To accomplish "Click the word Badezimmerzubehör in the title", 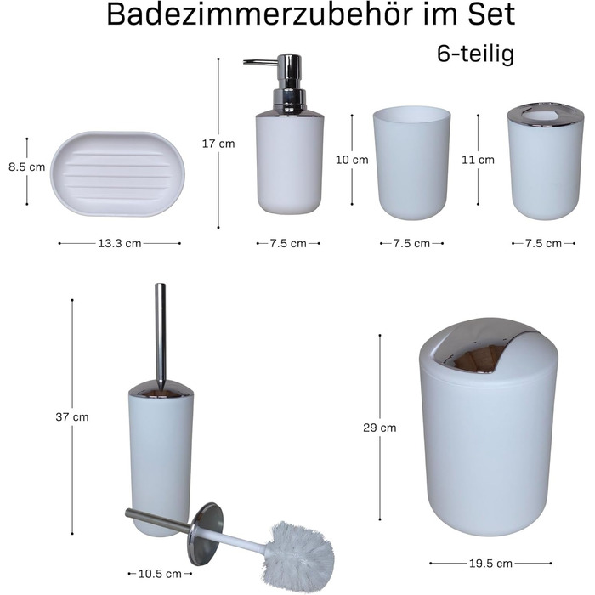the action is pos(259,14).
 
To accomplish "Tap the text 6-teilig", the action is pos(475,54).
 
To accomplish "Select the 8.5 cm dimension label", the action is pos(27,167).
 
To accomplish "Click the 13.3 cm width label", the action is pos(120,243).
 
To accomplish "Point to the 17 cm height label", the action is pos(218,144).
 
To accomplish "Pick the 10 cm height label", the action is pos(352,160).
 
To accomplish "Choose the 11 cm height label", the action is pos(478,160).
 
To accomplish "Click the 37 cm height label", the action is pos(72,417).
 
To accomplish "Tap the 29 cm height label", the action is pos(379,428).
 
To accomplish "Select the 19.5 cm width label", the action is pos(490,564).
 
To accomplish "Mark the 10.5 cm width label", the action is pos(160,574).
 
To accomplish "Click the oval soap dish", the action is pos(117,173).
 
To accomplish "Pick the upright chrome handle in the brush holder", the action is pos(161,334).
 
